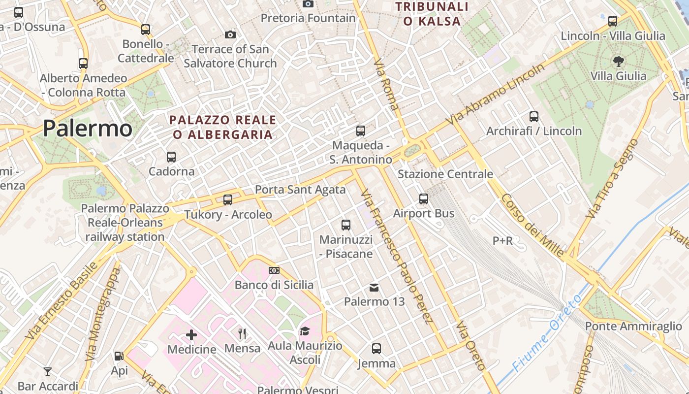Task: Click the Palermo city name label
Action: (x=87, y=129)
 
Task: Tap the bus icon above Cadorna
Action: (x=171, y=157)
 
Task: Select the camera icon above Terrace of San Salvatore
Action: (x=230, y=34)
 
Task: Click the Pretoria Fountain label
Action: (x=308, y=18)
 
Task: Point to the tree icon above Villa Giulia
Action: (x=618, y=62)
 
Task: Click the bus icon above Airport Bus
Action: (x=424, y=199)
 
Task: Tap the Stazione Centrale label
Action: (x=445, y=174)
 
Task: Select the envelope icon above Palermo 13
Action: (x=374, y=287)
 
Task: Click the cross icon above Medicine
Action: (x=191, y=335)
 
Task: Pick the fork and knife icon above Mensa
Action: (x=242, y=334)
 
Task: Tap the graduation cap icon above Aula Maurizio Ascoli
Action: (x=305, y=331)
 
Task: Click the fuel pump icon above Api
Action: (x=119, y=356)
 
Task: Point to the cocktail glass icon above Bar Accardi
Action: (x=48, y=371)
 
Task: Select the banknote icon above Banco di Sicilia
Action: (x=274, y=270)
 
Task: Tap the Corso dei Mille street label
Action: (x=532, y=225)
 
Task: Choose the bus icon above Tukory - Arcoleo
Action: (x=227, y=200)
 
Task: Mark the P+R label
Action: (x=502, y=241)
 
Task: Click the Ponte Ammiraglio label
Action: (x=633, y=326)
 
